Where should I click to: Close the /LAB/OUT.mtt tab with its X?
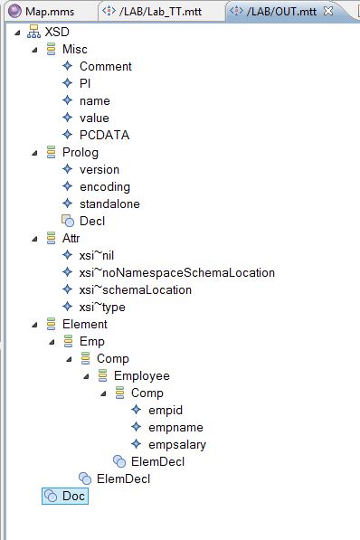(327, 11)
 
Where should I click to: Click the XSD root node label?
(57, 32)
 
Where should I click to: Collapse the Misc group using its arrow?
(34, 49)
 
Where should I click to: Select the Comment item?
(105, 66)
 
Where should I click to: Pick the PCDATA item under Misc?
(104, 135)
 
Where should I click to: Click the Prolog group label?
(80, 152)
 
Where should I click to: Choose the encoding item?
(104, 186)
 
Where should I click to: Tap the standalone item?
(109, 204)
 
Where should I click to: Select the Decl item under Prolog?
(92, 221)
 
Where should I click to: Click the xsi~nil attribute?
(96, 255)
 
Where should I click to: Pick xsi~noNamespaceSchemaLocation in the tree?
(176, 272)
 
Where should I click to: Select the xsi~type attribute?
(101, 307)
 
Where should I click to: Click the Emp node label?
(91, 341)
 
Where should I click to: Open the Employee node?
(141, 375)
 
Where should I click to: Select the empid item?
(165, 410)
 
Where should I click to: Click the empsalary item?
(176, 444)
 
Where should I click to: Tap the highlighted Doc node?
(73, 496)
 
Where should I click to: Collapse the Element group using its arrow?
(34, 324)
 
